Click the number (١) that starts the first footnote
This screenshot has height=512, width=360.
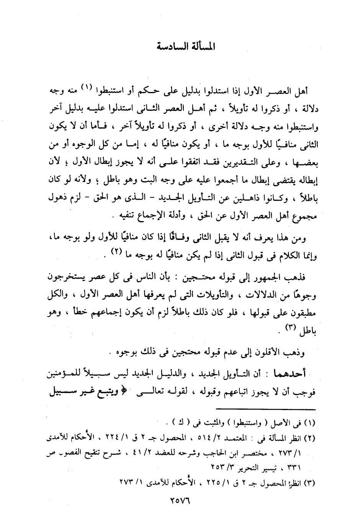pos(309,425)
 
